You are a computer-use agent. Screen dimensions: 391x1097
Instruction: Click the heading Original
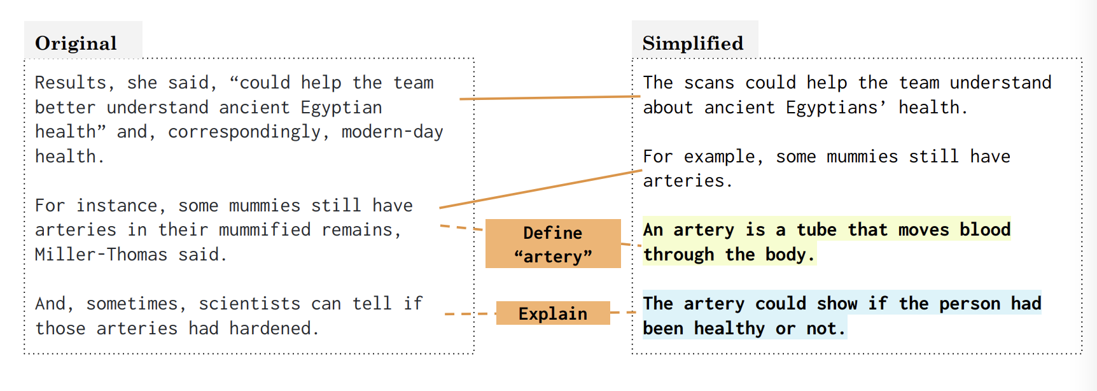76,43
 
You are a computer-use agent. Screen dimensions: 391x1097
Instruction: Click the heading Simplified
692,43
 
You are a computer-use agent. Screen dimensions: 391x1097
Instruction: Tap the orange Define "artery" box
552,244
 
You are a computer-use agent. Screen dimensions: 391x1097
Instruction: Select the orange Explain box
552,313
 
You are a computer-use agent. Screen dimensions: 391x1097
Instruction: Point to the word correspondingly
244,132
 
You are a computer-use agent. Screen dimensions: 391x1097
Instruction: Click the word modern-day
392,132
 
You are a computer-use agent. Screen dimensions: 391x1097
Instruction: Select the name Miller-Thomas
101,255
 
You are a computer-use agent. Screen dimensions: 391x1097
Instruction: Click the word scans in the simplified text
709,83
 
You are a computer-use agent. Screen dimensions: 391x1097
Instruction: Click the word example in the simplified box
719,157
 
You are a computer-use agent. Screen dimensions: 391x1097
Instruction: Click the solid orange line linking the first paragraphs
550,97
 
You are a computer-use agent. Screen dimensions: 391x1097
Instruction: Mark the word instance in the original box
116,206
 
